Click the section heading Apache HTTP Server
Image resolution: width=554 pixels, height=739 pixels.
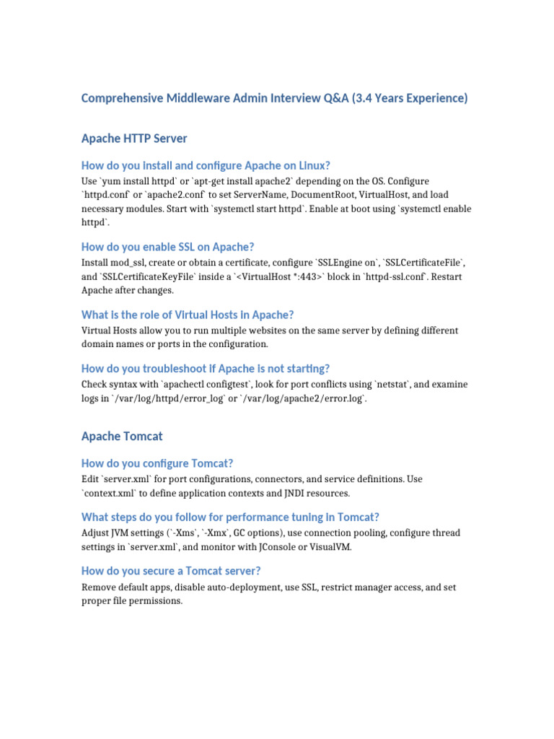[x=135, y=137]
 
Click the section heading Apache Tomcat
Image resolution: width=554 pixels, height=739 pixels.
[x=122, y=436]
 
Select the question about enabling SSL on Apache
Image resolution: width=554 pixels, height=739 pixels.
[x=167, y=247]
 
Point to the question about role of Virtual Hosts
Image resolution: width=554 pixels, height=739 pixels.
[x=188, y=315]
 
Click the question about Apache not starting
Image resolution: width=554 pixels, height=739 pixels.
[x=206, y=368]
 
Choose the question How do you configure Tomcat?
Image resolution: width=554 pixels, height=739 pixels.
[x=157, y=463]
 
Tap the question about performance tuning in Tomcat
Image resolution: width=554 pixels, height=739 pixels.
[x=230, y=517]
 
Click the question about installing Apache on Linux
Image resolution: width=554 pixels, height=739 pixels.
[x=206, y=165]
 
